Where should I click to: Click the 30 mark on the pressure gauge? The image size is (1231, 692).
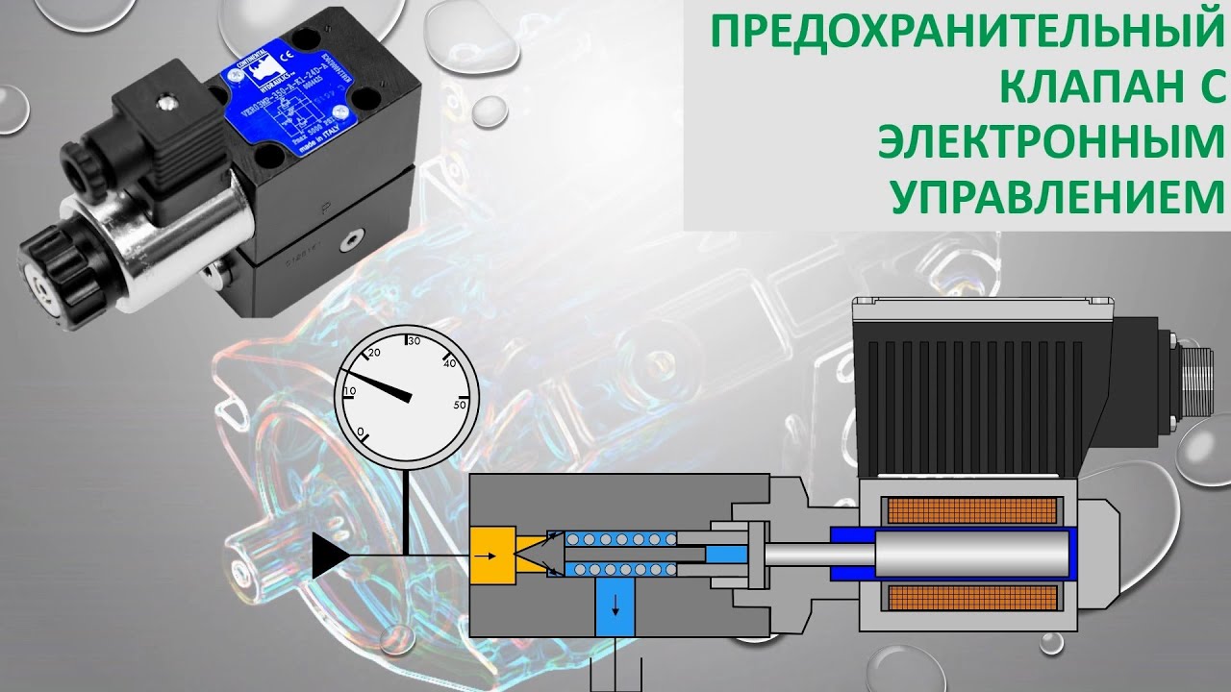coord(415,341)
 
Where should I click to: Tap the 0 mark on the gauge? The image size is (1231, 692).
coord(361,432)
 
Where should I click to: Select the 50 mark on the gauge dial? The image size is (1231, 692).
coord(460,405)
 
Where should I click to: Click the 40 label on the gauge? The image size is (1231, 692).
coord(448,363)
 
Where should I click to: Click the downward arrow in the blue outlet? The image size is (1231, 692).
coord(615,607)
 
